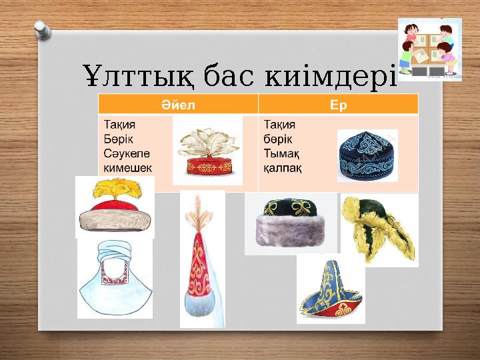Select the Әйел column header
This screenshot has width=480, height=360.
[x=178, y=104]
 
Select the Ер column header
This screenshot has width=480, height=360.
[x=338, y=104]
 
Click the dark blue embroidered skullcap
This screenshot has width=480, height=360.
[x=367, y=155]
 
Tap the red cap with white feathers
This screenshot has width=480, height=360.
[x=207, y=150]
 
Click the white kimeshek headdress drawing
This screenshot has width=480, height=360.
[x=115, y=279]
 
